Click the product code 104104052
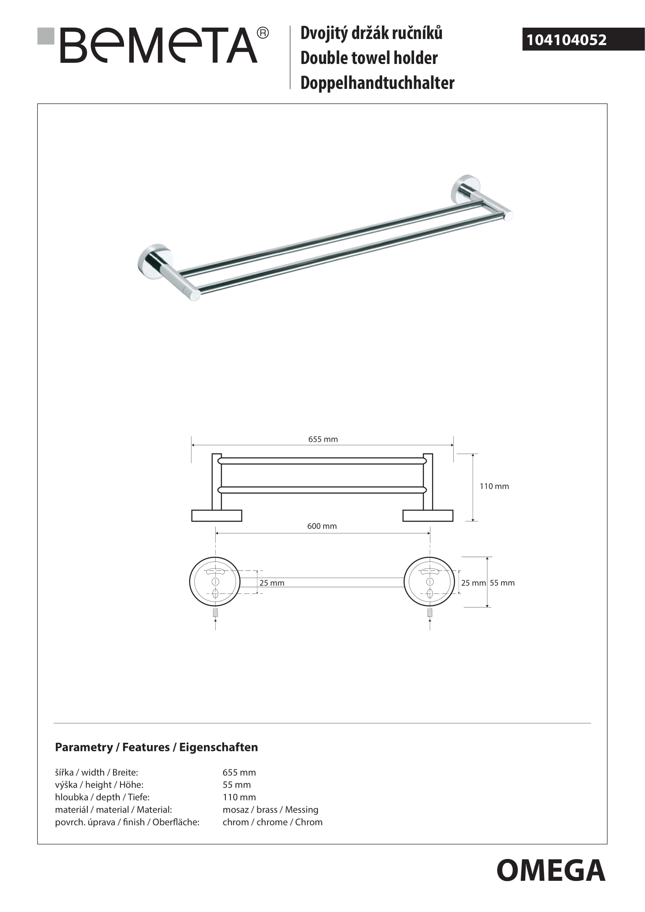click(566, 40)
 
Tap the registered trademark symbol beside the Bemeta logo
click(263, 33)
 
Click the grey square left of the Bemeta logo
click(46, 36)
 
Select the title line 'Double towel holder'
click(369, 58)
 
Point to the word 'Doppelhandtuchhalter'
click(377, 83)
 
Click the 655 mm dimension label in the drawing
click(323, 439)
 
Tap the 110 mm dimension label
click(494, 486)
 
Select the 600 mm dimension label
click(322, 526)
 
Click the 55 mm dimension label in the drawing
click(502, 583)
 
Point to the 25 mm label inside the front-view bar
click(272, 583)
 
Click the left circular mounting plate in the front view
click(215, 582)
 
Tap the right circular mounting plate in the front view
click(429, 582)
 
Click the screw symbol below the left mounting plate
click(215, 613)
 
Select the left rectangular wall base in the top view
click(216, 515)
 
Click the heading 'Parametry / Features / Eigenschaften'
click(156, 747)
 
